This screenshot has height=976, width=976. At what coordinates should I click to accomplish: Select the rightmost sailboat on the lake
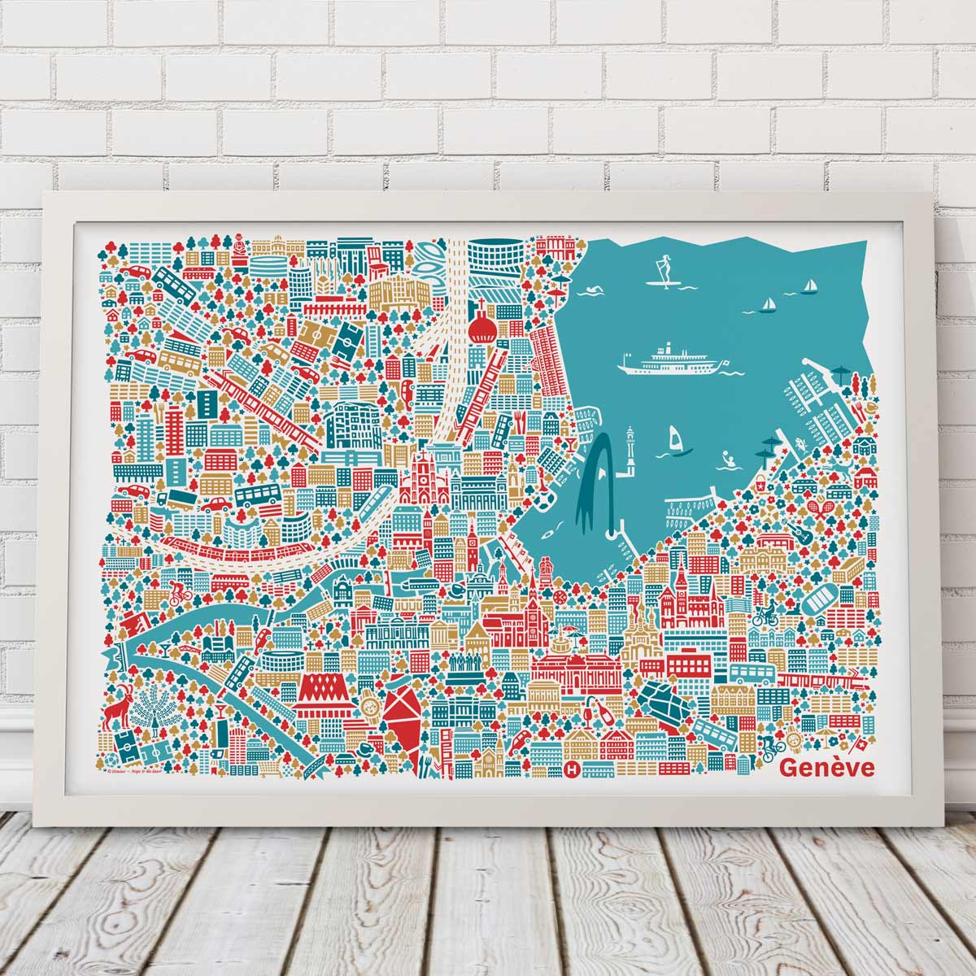click(x=809, y=285)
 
